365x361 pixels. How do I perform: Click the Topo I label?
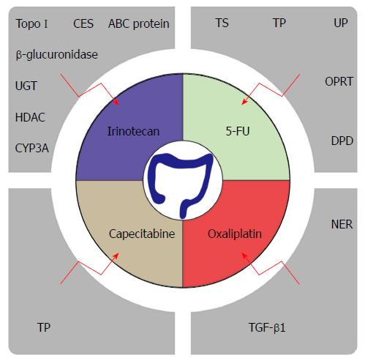pos(31,24)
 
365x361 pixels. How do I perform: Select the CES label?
pos(83,23)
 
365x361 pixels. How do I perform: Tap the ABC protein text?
pos(139,24)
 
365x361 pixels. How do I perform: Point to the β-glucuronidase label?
pos(57,54)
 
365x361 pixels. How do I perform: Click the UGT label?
pos(26,86)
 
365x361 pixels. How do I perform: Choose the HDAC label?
pos(30,117)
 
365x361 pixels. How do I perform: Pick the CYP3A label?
pos(32,148)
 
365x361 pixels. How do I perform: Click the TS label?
pos(222,23)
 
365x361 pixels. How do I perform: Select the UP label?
pos(341,23)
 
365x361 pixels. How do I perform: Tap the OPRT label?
pos(339,81)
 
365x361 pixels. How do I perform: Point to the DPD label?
pos(342,141)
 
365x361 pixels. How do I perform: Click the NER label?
pos(342,224)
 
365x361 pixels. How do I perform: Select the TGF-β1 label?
pos(267,327)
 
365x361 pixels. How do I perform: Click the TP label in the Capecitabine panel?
pos(44,327)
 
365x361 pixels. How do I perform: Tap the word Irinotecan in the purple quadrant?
pos(133,131)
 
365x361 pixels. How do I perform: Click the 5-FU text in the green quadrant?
pos(238,131)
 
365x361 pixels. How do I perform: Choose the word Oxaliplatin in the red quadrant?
pos(235,234)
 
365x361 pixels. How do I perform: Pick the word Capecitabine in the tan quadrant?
pos(142,234)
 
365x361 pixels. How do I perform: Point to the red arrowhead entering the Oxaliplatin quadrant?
pos(244,256)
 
